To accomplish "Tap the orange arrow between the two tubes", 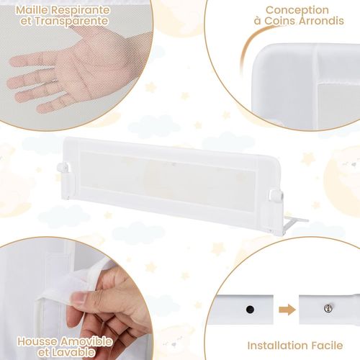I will [x=287, y=309].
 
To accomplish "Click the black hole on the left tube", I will [x=250, y=309].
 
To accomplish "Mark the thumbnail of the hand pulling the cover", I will [x=81, y=297].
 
